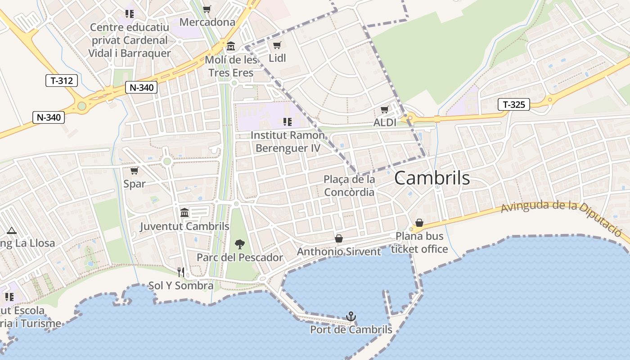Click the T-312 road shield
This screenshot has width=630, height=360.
pyautogui.click(x=62, y=81)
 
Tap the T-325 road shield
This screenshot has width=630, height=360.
pyautogui.click(x=513, y=105)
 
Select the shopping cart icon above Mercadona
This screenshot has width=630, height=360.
pyautogui.click(x=207, y=9)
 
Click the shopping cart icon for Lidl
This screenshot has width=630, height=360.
pyautogui.click(x=277, y=45)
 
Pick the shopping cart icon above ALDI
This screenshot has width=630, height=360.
pyautogui.click(x=384, y=110)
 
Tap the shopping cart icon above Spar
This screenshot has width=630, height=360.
pyautogui.click(x=134, y=171)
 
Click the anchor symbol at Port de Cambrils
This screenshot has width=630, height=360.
pyautogui.click(x=351, y=317)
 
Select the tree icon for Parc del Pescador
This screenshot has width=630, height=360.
pyautogui.click(x=240, y=244)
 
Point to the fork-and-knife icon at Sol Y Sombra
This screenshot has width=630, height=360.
pyautogui.click(x=181, y=272)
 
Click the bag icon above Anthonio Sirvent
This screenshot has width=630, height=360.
pyautogui.click(x=339, y=238)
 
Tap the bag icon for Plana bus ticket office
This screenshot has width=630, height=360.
pyautogui.click(x=419, y=223)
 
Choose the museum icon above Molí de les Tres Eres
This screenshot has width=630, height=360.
pyautogui.click(x=231, y=46)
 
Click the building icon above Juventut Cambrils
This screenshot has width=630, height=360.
pyautogui.click(x=184, y=213)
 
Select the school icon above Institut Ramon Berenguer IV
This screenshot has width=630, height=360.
pyautogui.click(x=288, y=121)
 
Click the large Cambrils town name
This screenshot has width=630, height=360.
pyautogui.click(x=432, y=179)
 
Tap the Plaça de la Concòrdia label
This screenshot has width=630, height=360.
pyautogui.click(x=349, y=186)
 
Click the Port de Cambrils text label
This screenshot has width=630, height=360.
pyautogui.click(x=351, y=330)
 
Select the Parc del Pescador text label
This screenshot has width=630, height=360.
pyautogui.click(x=240, y=258)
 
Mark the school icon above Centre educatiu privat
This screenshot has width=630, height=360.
pyautogui.click(x=130, y=14)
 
